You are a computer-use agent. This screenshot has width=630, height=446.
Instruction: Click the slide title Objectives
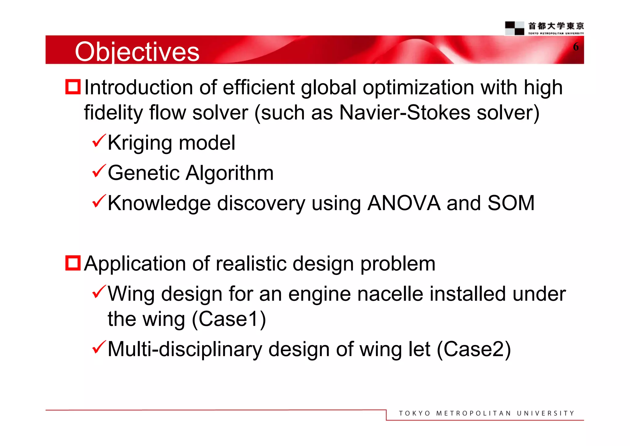pyautogui.click(x=137, y=52)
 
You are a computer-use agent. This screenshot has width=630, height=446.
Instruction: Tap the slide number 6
pyautogui.click(x=576, y=47)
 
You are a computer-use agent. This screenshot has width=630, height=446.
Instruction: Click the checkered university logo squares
pyautogui.click(x=514, y=28)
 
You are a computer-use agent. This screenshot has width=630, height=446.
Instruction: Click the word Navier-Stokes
pyautogui.click(x=405, y=112)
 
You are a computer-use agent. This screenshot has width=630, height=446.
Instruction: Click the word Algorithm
pyautogui.click(x=229, y=173)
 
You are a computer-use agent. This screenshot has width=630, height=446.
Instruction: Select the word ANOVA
pyautogui.click(x=404, y=203)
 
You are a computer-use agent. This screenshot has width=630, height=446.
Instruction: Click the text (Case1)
pyautogui.click(x=229, y=319)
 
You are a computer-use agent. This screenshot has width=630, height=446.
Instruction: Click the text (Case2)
pyautogui.click(x=474, y=349)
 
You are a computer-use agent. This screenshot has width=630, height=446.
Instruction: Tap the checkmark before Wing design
pyautogui.click(x=99, y=292)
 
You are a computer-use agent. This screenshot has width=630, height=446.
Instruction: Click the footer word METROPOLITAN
pyautogui.click(x=473, y=413)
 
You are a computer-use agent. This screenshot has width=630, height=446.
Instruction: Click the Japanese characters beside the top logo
pyautogui.click(x=556, y=26)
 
